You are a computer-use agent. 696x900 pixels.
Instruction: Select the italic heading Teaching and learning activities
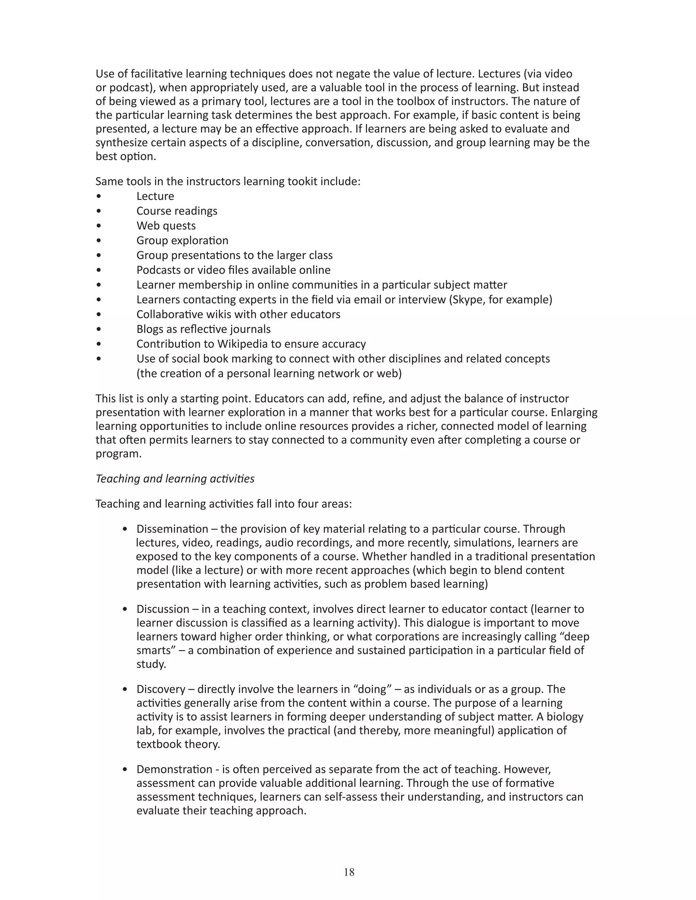pos(175,479)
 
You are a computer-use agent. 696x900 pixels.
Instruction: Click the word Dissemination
pos(172,529)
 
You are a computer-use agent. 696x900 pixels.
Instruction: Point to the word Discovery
pos(161,689)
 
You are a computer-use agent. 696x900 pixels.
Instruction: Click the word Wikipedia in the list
pos(241,344)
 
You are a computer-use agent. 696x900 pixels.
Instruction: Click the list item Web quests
pos(166,226)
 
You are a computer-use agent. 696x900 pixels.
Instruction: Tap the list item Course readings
pos(177,211)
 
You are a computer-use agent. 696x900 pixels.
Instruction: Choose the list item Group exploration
pos(182,241)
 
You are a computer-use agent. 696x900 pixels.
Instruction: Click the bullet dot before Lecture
pos(99,197)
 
